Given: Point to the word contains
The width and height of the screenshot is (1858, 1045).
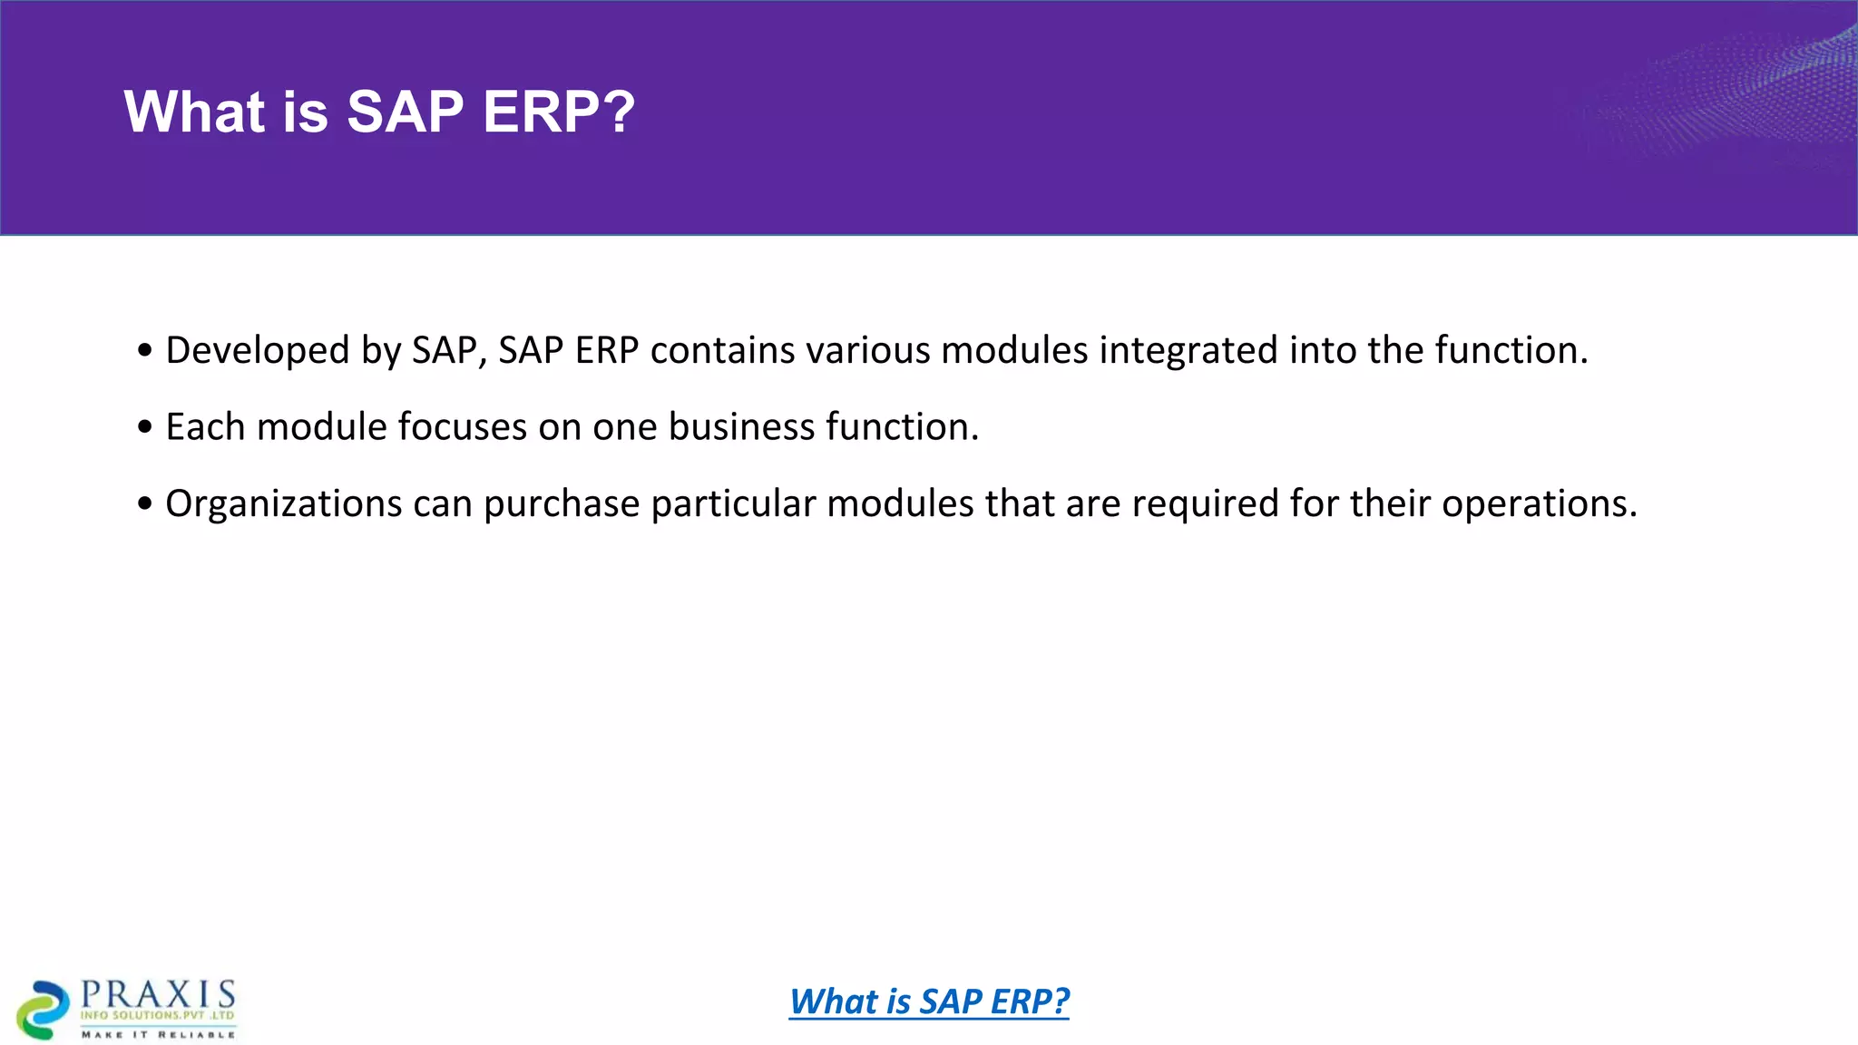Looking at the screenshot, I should pyautogui.click(x=722, y=351).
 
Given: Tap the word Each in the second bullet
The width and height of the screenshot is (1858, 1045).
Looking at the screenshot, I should pyautogui.click(x=205, y=427).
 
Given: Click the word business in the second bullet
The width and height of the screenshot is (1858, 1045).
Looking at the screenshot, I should pyautogui.click(x=741, y=427).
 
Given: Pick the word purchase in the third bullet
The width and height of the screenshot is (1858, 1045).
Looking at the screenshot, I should pyautogui.click(x=562, y=504).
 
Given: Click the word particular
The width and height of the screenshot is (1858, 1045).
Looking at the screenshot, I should pyautogui.click(x=733, y=504).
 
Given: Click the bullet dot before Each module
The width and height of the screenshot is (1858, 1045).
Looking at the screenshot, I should pyautogui.click(x=145, y=427).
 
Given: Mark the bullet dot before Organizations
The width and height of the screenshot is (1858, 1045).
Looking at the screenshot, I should pyautogui.click(x=145, y=504).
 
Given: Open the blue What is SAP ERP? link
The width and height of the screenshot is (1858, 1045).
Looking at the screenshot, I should pyautogui.click(x=929, y=1001).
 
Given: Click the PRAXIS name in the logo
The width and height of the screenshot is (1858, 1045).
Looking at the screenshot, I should pyautogui.click(x=158, y=993).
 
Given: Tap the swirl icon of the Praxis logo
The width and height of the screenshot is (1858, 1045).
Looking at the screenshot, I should pyautogui.click(x=43, y=1010).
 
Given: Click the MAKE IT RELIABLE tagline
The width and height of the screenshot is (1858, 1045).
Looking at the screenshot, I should pyautogui.click(x=158, y=1034).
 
